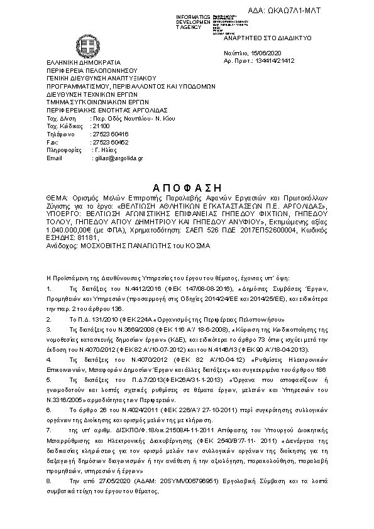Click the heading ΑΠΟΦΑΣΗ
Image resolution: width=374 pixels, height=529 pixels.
point(187,187)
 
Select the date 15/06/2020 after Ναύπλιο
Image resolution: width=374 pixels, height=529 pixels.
point(267,54)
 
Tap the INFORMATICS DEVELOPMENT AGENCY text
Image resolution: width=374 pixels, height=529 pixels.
point(194,21)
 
